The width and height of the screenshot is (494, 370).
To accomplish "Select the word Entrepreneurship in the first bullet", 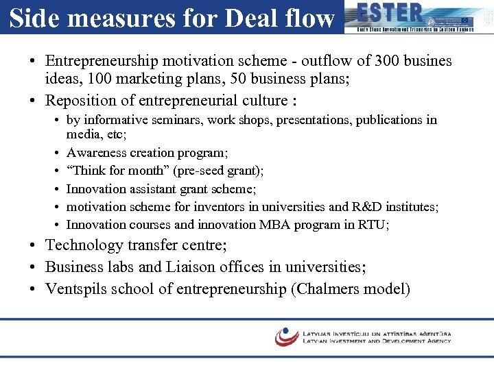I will [102, 61].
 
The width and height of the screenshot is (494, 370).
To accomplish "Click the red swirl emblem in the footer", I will [287, 336].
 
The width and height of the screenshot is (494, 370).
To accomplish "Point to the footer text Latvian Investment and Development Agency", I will [377, 341].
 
